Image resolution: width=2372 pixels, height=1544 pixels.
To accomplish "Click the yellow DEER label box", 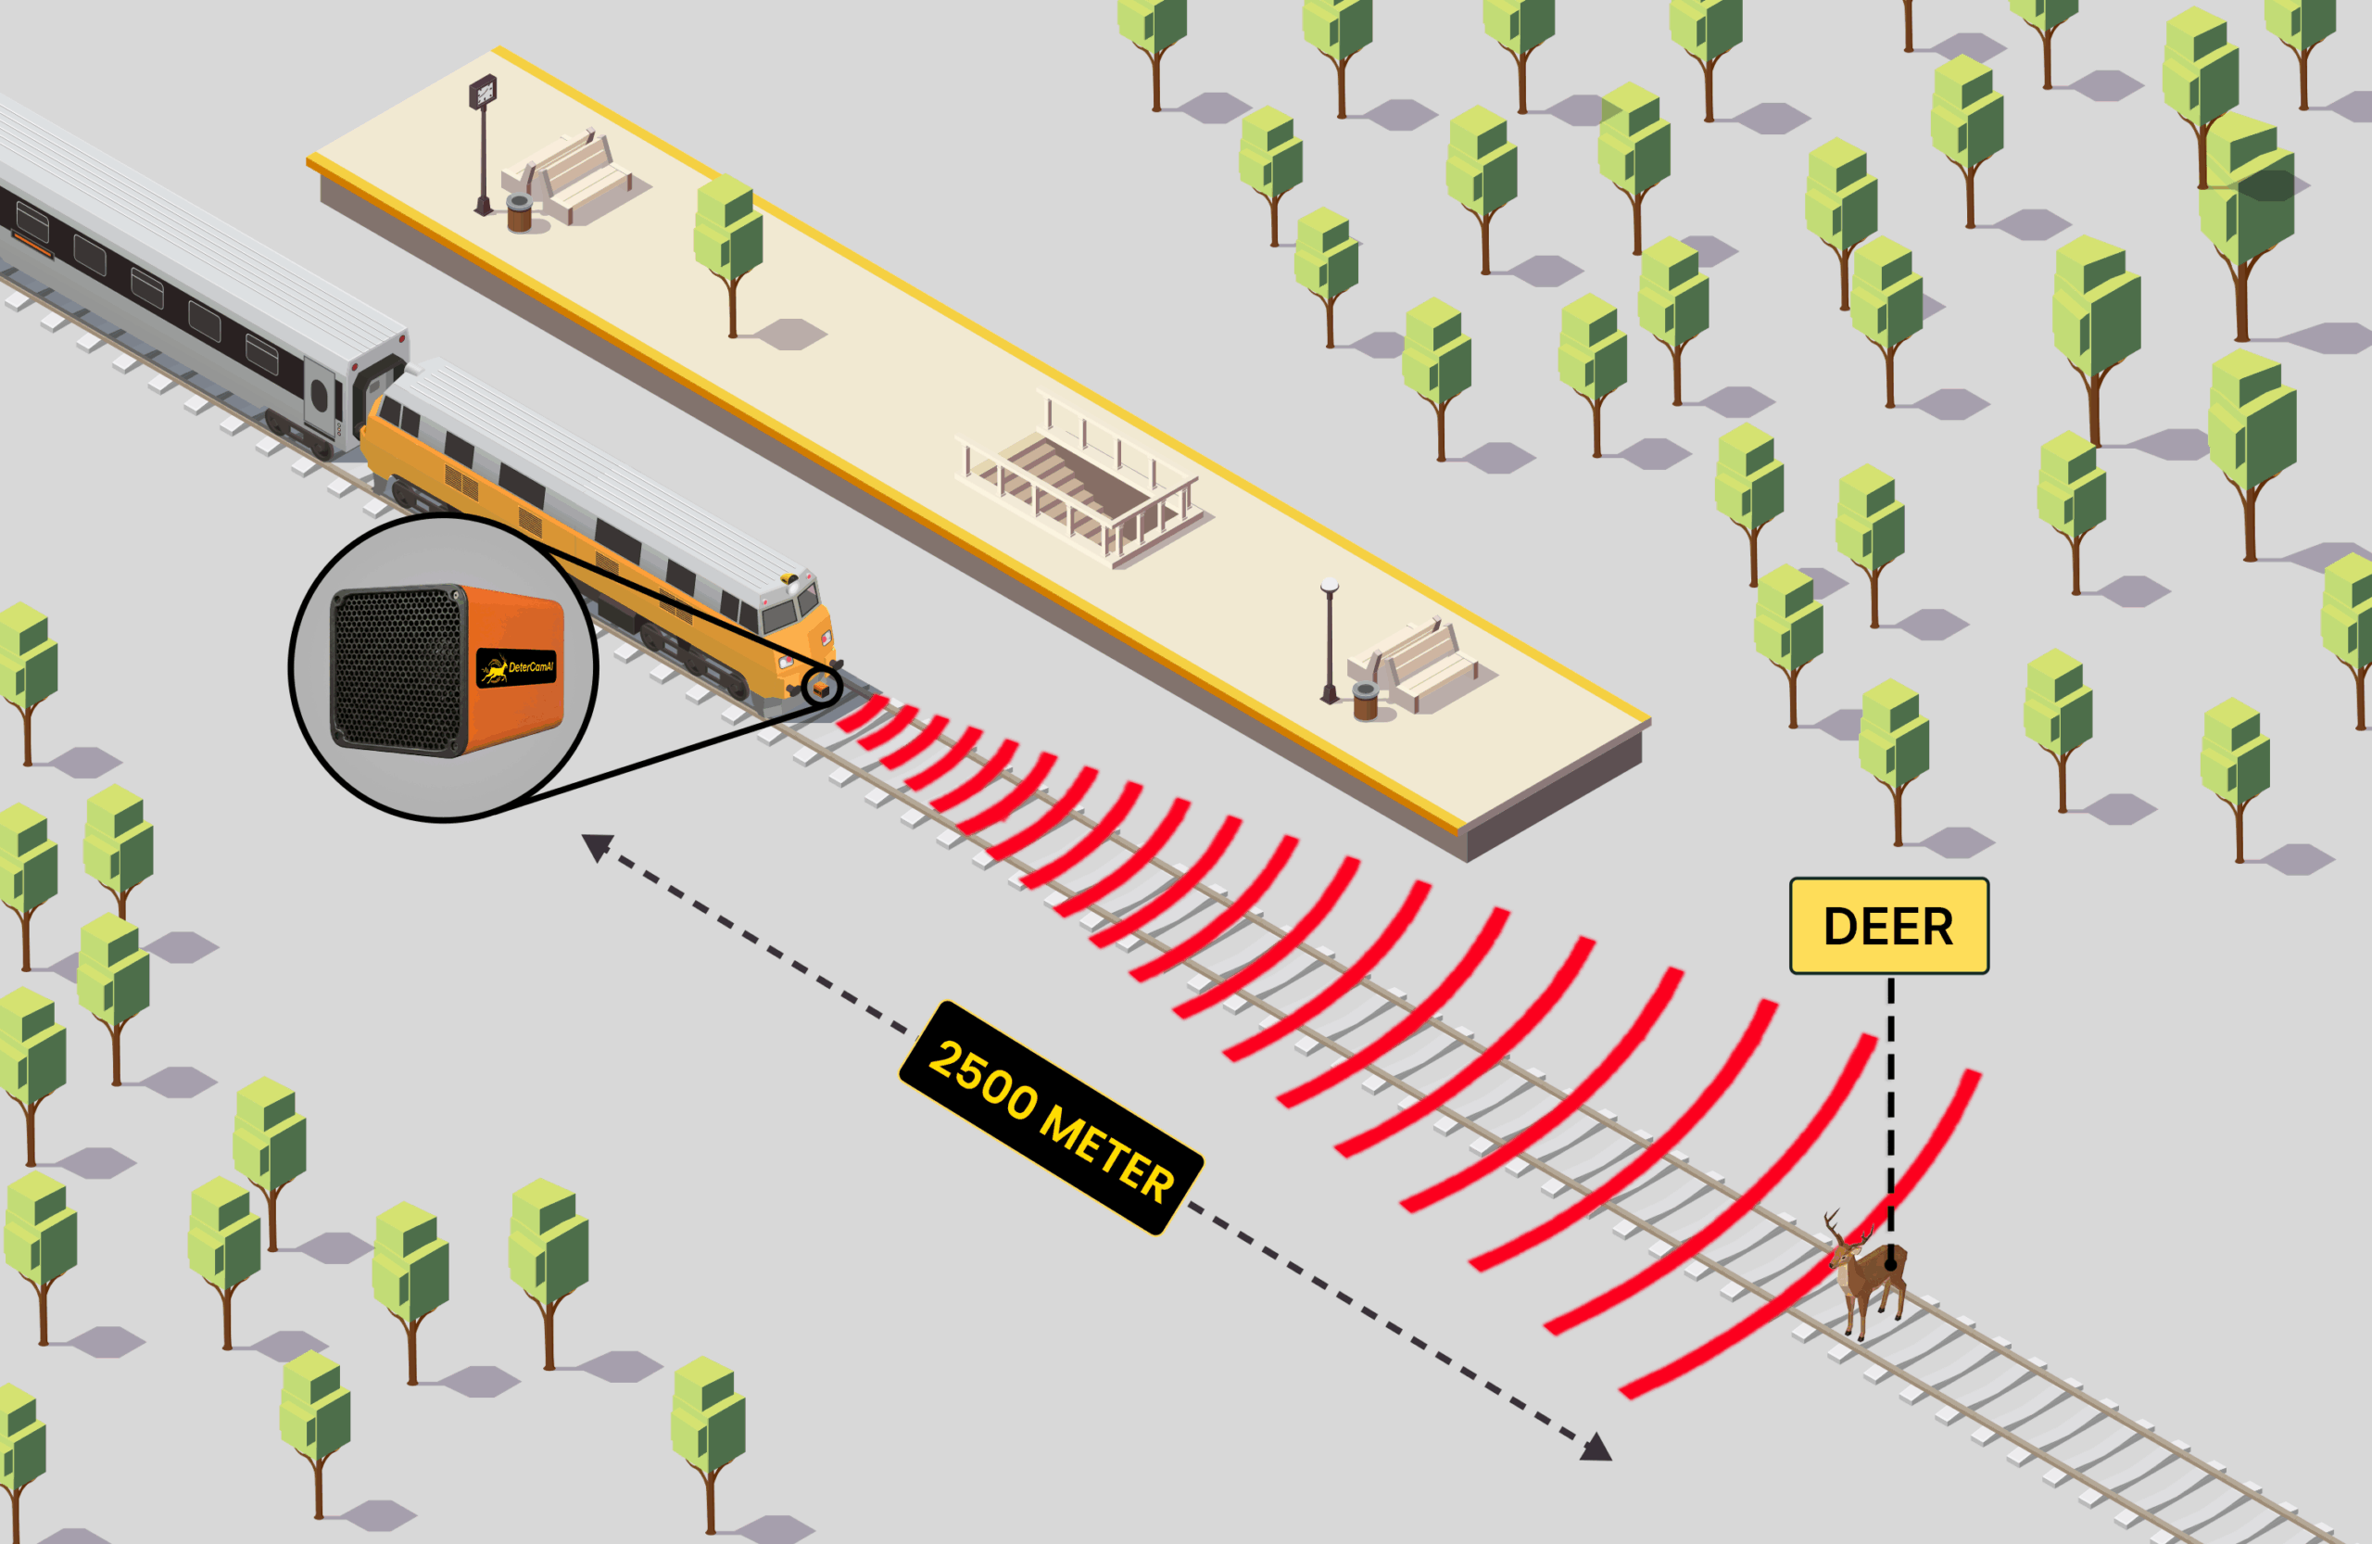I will coord(1888,926).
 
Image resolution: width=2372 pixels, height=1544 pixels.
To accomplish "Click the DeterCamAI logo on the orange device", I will coord(517,668).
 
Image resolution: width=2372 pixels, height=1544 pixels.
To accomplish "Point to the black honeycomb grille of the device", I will coord(397,669).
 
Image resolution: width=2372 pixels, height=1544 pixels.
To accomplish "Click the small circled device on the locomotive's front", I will coord(821,687).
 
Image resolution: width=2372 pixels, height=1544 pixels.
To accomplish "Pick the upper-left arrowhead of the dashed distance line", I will coord(596,846).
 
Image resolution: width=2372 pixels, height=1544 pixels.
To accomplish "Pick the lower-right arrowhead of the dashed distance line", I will coord(1596,1448).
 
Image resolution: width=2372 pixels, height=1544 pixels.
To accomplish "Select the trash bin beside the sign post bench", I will coord(519,213).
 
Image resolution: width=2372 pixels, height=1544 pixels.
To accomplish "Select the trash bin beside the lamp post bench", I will coord(1366,701).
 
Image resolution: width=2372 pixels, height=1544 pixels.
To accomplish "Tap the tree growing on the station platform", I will coord(729,245).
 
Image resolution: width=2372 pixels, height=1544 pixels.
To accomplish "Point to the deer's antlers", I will coord(1839,1228).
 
